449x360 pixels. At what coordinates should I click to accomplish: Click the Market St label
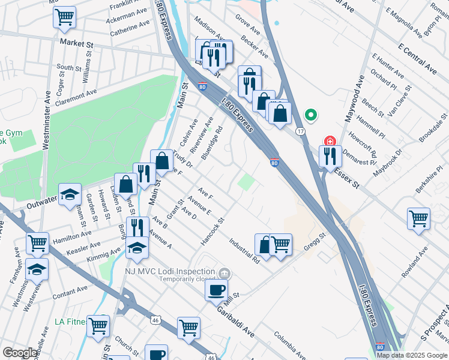77,43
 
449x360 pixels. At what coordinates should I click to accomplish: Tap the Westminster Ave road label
46,120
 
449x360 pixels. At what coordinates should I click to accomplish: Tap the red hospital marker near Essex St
330,142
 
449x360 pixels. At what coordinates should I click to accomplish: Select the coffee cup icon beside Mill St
216,289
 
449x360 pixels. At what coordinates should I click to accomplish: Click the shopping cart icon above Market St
65,18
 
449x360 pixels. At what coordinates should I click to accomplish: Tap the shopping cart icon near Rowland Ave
418,218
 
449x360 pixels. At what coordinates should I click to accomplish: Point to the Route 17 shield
300,130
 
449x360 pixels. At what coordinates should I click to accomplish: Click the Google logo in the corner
20,353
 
